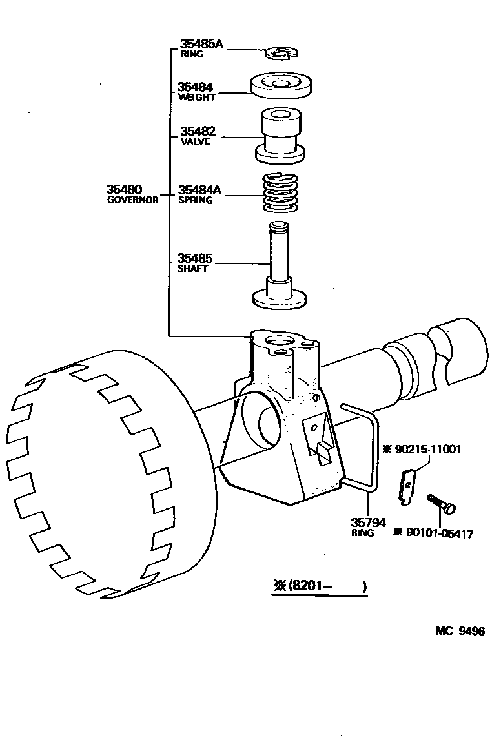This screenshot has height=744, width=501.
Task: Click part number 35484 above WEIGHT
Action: pos(196,87)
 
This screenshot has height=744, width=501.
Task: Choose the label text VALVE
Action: pos(195,141)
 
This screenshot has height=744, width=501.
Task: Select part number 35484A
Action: pos(199,191)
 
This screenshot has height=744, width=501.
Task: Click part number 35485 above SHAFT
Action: pos(195,259)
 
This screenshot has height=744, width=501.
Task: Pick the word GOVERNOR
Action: pos(132,200)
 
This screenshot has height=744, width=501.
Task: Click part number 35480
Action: pos(124,190)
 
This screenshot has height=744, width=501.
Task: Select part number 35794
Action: pos(369,522)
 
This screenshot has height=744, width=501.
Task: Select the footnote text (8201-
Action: pos(305,586)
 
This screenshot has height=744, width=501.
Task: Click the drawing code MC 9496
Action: pos(459,631)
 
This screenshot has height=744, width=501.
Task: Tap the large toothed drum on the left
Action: pos(103,478)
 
